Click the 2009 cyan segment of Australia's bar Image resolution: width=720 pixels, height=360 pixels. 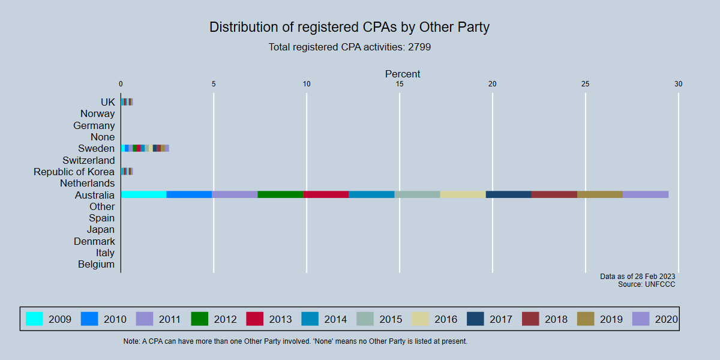143,194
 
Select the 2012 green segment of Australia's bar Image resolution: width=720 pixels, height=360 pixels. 280,194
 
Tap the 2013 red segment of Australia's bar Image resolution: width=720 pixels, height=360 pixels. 326,194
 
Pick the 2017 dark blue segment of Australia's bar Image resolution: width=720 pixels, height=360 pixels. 508,194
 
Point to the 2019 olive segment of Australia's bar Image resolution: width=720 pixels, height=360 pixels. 599,194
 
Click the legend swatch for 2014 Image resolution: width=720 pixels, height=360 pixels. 310,319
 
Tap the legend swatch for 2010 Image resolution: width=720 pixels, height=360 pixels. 89,319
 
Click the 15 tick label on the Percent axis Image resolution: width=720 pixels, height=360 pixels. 400,84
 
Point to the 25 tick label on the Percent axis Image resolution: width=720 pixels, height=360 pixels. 585,84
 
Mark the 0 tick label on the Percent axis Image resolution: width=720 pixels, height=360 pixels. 121,84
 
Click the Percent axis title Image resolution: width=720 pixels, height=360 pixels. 403,74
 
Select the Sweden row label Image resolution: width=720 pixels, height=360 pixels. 96,148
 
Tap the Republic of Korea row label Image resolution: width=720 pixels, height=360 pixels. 74,172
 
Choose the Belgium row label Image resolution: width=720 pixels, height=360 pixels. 96,264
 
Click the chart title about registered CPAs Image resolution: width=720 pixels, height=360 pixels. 350,27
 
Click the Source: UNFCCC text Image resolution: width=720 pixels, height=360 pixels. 646,284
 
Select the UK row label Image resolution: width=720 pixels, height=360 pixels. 107,102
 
